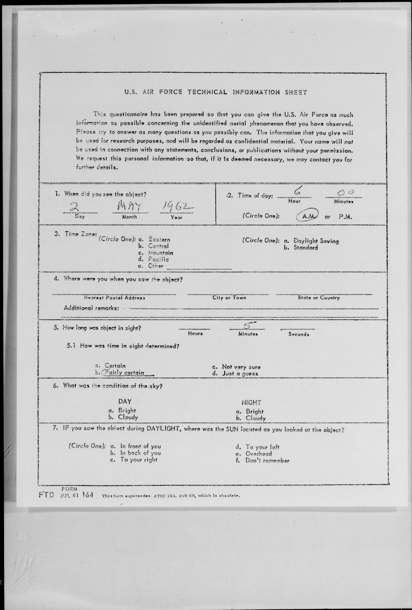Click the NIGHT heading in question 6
(x=251, y=402)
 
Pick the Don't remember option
(x=267, y=460)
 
